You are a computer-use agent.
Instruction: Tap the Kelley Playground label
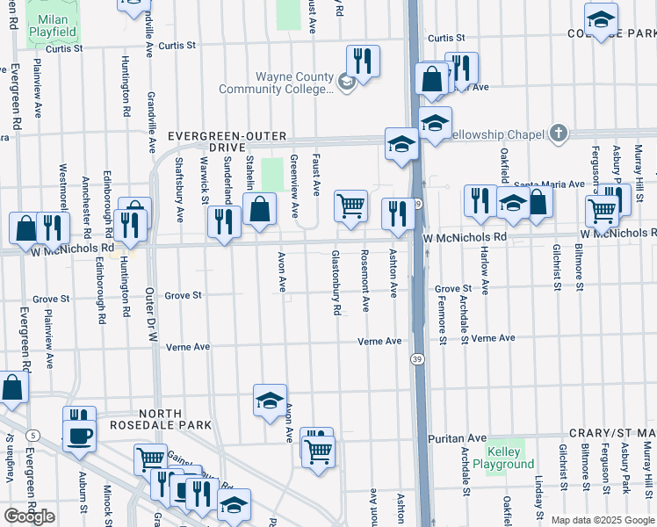(503, 457)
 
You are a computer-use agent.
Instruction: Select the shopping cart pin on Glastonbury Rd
(350, 206)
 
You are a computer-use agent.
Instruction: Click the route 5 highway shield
(32, 435)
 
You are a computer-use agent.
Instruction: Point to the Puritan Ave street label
(457, 437)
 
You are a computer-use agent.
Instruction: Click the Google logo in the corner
(29, 516)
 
